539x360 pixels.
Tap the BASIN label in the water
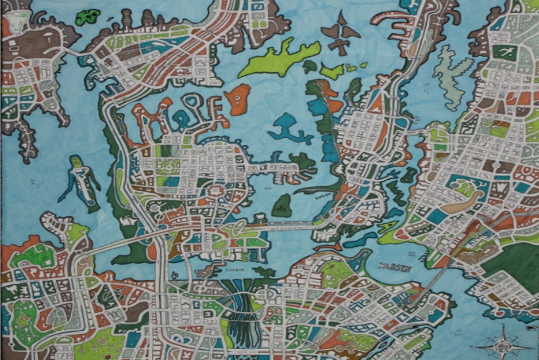pyautogui.click(x=394, y=267)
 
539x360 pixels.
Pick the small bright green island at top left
pyautogui.click(x=87, y=17)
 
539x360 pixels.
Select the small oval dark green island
pyautogui.click(x=282, y=206)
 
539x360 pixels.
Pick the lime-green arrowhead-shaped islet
pyautogui.click(x=332, y=72)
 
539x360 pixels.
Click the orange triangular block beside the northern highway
pyautogui.click(x=376, y=103)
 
